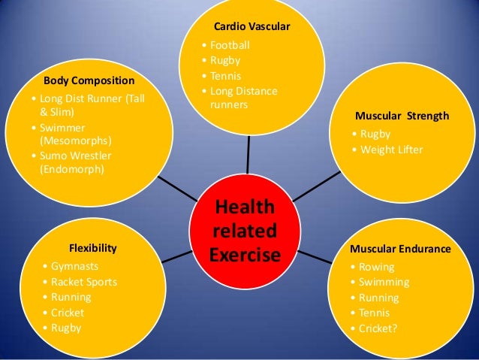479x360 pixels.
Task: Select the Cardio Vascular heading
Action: [x=252, y=27]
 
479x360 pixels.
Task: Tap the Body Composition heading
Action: [x=89, y=80]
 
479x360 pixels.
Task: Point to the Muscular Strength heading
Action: [x=402, y=116]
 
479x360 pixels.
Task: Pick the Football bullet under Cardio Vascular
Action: [x=230, y=45]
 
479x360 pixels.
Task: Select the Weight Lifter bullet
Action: [x=392, y=150]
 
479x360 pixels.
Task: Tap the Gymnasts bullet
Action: [x=75, y=267]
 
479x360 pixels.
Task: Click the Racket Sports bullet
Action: [x=84, y=283]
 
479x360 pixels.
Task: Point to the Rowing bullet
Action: [x=376, y=267]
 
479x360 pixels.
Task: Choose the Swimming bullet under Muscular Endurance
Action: [x=384, y=283]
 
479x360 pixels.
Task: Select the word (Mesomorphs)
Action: [x=74, y=141]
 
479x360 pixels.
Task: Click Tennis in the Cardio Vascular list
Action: [x=226, y=77]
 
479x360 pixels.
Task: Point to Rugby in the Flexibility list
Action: [x=66, y=328]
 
